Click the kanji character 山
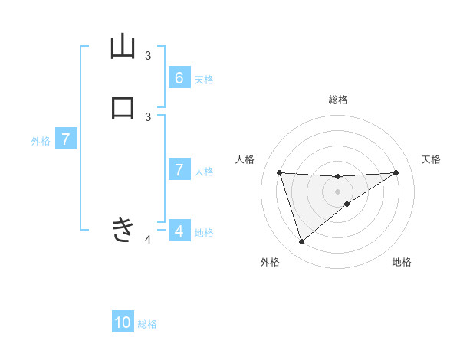pyautogui.click(x=123, y=47)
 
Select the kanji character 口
pyautogui.click(x=123, y=107)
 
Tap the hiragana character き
pyautogui.click(x=123, y=229)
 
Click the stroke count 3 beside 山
pyautogui.click(x=148, y=56)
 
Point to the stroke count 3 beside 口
pyautogui.click(x=148, y=116)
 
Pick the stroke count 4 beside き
pyautogui.click(x=148, y=240)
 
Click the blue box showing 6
pyautogui.click(x=179, y=78)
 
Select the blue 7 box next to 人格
pyautogui.click(x=179, y=170)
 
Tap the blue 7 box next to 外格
pyautogui.click(x=67, y=140)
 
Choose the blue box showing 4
pyautogui.click(x=179, y=231)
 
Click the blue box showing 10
pyautogui.click(x=123, y=322)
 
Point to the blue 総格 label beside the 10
pyautogui.click(x=147, y=324)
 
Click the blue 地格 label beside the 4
pyautogui.click(x=204, y=232)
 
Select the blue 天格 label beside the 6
pyautogui.click(x=204, y=80)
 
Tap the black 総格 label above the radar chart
pyautogui.click(x=338, y=100)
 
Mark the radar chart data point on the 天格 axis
pyautogui.click(x=396, y=172)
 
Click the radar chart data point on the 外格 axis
pyautogui.click(x=301, y=242)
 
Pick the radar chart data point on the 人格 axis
pyautogui.click(x=280, y=172)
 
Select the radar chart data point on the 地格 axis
pyautogui.click(x=347, y=204)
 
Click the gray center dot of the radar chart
pyautogui.click(x=338, y=191)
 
